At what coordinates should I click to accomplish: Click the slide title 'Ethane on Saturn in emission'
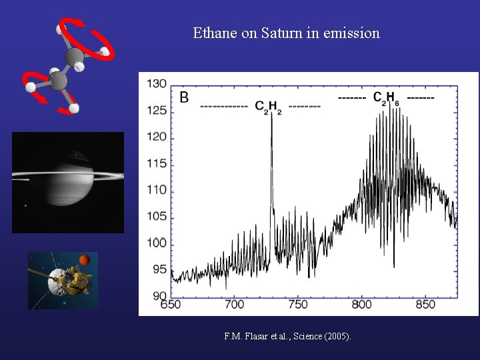286,33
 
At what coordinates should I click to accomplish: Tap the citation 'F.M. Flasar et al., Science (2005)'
287,336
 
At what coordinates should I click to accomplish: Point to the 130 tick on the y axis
157,84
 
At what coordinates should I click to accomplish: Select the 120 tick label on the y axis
157,137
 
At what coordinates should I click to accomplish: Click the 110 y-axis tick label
157,190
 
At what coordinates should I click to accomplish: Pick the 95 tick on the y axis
159,269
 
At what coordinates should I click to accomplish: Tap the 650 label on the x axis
171,305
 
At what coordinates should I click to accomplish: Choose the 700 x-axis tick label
235,305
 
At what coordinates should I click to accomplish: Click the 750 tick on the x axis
298,305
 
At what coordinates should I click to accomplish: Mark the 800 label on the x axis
361,305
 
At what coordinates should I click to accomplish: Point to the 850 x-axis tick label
425,305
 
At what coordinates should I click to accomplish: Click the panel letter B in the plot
184,97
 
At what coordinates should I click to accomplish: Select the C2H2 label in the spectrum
268,107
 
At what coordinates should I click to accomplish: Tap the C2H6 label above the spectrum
386,98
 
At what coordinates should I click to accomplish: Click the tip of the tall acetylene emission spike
271,114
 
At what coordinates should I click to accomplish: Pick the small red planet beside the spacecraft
85,259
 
